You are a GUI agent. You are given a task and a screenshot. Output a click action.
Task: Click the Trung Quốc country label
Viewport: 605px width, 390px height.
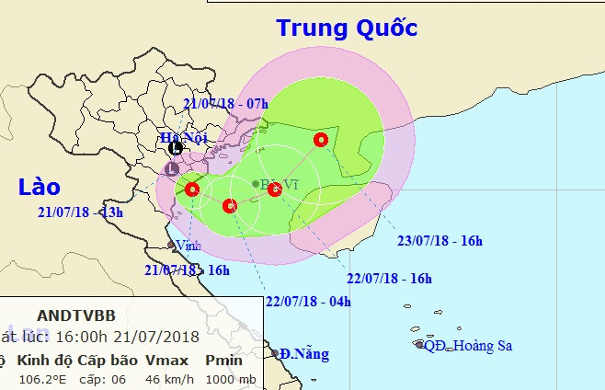pyautogui.click(x=348, y=29)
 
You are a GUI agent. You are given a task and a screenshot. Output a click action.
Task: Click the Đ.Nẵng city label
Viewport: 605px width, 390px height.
pyautogui.click(x=304, y=353)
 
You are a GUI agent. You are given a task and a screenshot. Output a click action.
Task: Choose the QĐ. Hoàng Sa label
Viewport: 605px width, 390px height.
pyautogui.click(x=464, y=345)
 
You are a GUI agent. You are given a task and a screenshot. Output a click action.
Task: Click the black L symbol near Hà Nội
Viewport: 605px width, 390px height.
pyautogui.click(x=176, y=147)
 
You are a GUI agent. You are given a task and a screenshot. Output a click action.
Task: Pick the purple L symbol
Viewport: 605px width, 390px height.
pyautogui.click(x=172, y=168)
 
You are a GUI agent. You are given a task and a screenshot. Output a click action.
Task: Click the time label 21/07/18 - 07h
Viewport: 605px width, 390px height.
pyautogui.click(x=224, y=104)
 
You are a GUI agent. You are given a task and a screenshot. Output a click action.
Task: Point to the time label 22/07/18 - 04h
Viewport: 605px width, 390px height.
pyautogui.click(x=308, y=301)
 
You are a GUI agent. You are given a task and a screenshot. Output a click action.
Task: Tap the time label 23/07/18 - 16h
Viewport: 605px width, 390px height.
pyautogui.click(x=439, y=241)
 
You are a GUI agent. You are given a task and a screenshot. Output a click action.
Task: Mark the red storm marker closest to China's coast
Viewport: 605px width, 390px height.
pyautogui.click(x=320, y=140)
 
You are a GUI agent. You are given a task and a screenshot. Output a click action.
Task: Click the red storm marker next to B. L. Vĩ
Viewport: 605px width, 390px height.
pyautogui.click(x=274, y=190)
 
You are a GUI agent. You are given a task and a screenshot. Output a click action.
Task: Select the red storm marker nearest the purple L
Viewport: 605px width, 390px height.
pyautogui.click(x=191, y=189)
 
